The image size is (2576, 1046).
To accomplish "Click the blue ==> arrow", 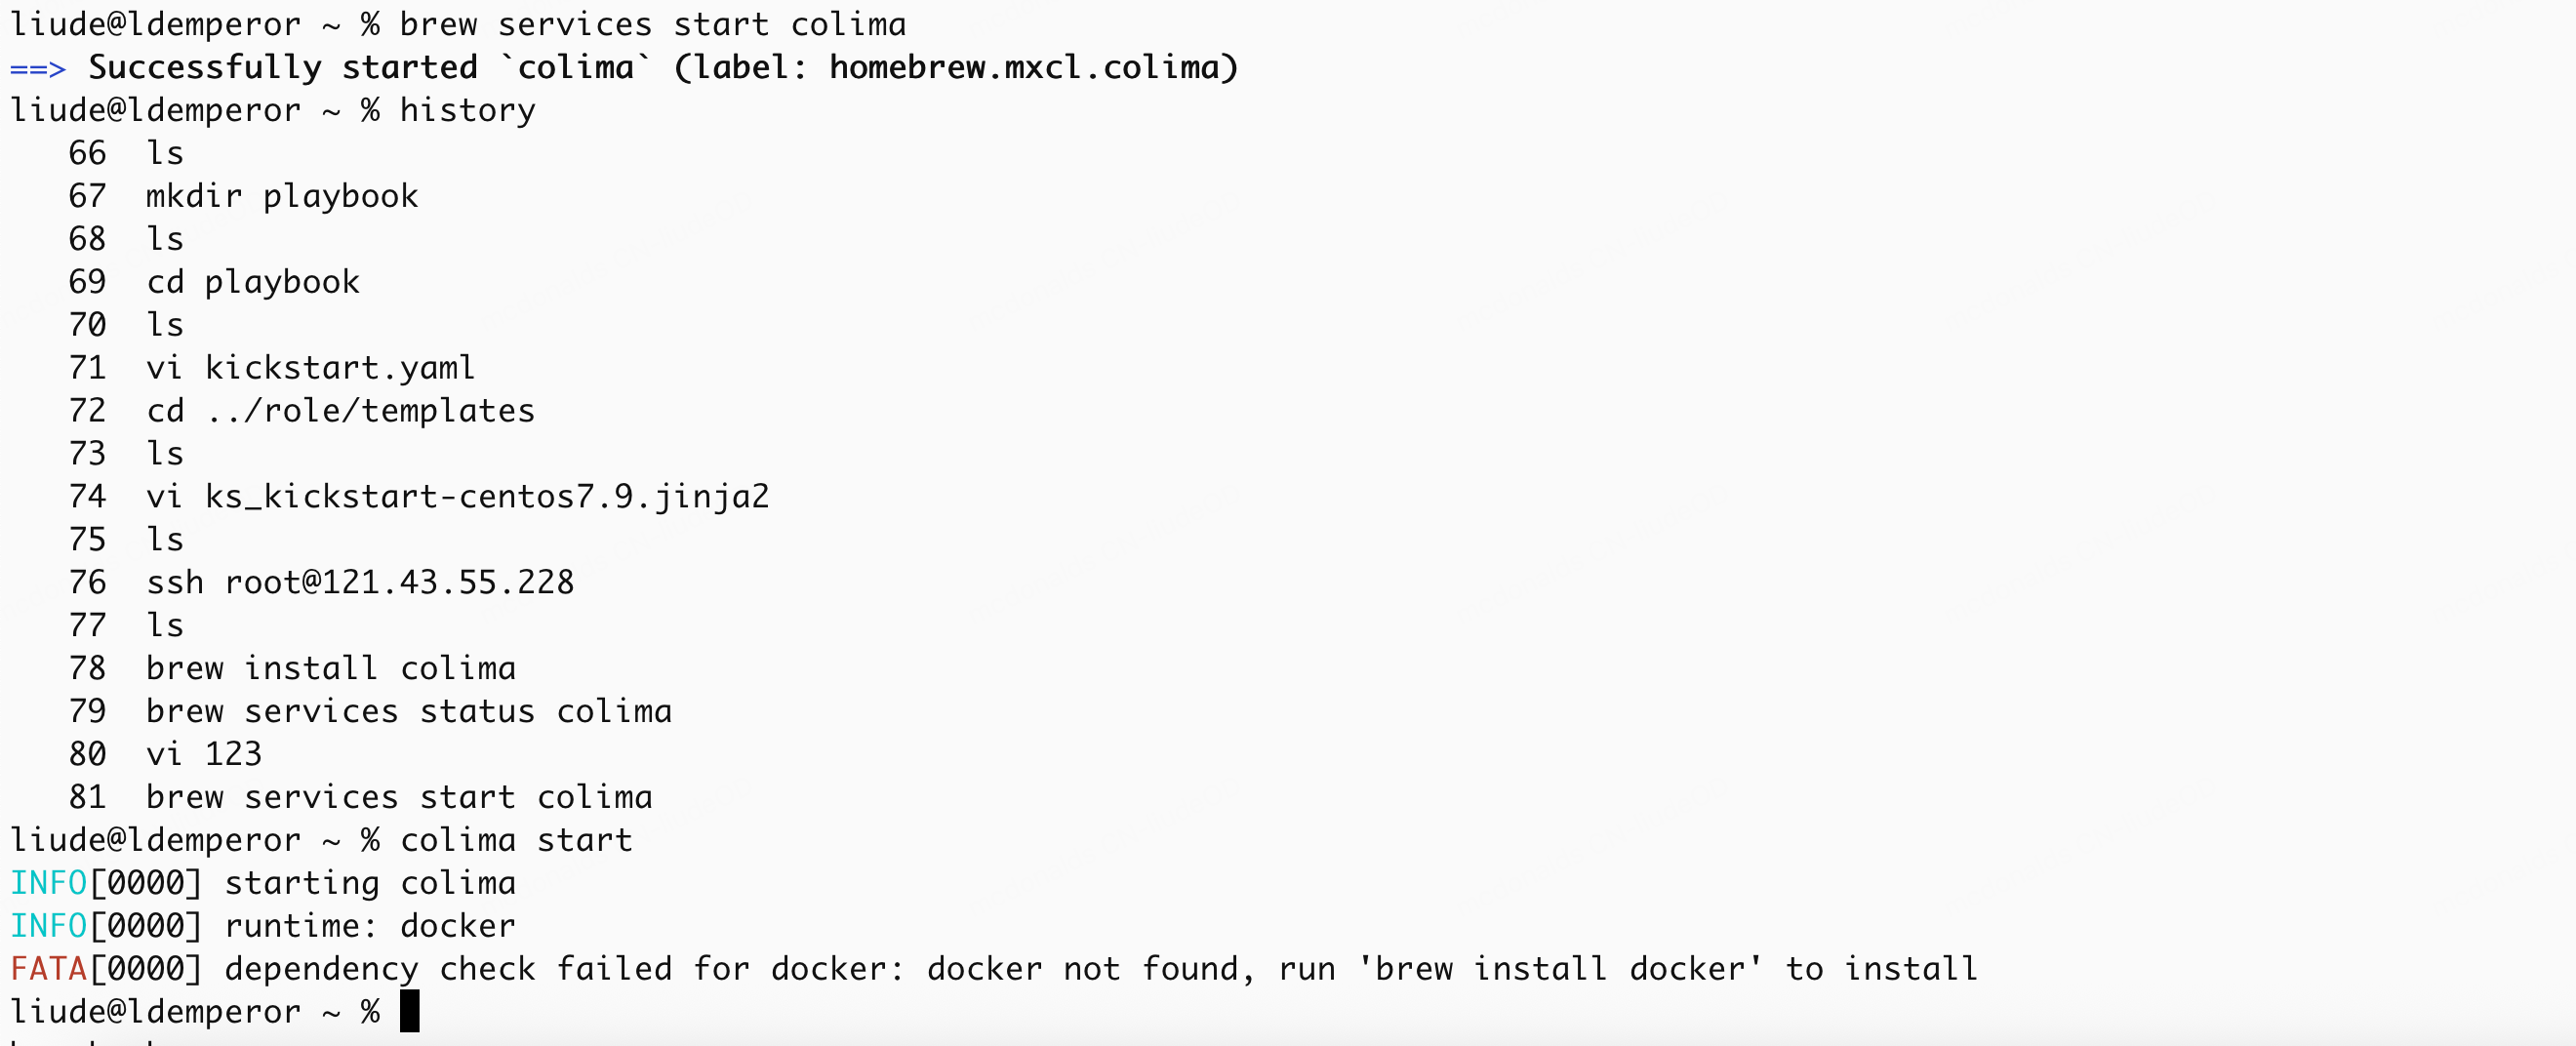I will pyautogui.click(x=38, y=69).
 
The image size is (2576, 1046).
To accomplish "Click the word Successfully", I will pyautogui.click(x=204, y=68).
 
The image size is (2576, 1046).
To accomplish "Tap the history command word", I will pyautogui.click(x=467, y=111).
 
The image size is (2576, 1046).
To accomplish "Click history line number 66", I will pyautogui.click(x=87, y=154).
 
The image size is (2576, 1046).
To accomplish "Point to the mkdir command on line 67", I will pyautogui.click(x=194, y=197).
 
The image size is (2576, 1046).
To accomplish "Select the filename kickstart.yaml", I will pyautogui.click(x=340, y=369).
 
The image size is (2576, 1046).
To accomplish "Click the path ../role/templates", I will pyautogui.click(x=370, y=412).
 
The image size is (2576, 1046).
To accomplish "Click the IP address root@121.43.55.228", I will pyautogui.click(x=399, y=583).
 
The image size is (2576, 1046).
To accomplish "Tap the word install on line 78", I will pyautogui.click(x=311, y=669).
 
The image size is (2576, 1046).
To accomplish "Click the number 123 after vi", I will pyautogui.click(x=233, y=755).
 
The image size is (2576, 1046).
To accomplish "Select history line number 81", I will pyautogui.click(x=87, y=798).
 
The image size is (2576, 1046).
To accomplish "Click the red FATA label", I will pyautogui.click(x=49, y=969).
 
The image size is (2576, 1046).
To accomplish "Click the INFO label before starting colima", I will pyautogui.click(x=49, y=884).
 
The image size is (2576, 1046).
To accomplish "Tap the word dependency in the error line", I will pyautogui.click(x=321, y=970).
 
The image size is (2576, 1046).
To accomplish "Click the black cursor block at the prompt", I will pyautogui.click(x=409, y=1012).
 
